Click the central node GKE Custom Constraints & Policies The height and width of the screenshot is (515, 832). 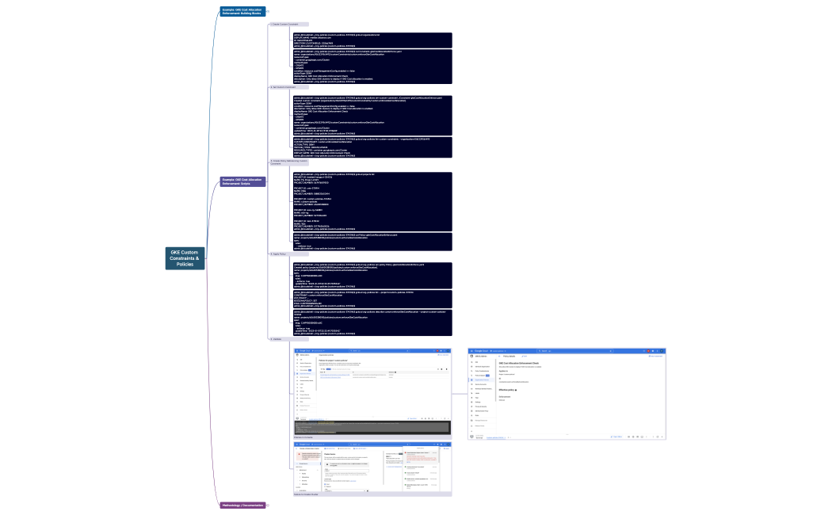click(185, 258)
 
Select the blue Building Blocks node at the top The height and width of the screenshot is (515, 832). click(242, 11)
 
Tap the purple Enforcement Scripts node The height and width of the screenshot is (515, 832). click(242, 181)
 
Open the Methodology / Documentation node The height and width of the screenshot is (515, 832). click(242, 505)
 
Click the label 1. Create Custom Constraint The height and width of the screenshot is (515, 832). click(284, 25)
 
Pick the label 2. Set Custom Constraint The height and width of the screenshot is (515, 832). click(283, 87)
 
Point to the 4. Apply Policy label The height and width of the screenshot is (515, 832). click(279, 254)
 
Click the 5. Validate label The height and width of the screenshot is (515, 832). click(277, 338)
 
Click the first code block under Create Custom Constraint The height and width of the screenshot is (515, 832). click(372, 40)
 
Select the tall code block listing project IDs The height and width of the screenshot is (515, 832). click(372, 201)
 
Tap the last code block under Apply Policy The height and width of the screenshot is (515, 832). click(372, 322)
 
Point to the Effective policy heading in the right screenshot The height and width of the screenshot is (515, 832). click(507, 390)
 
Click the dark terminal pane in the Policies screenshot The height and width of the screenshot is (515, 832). click(372, 427)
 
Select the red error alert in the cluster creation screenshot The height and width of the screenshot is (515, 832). click(306, 456)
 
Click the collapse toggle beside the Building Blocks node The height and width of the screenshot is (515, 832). click(268, 11)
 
